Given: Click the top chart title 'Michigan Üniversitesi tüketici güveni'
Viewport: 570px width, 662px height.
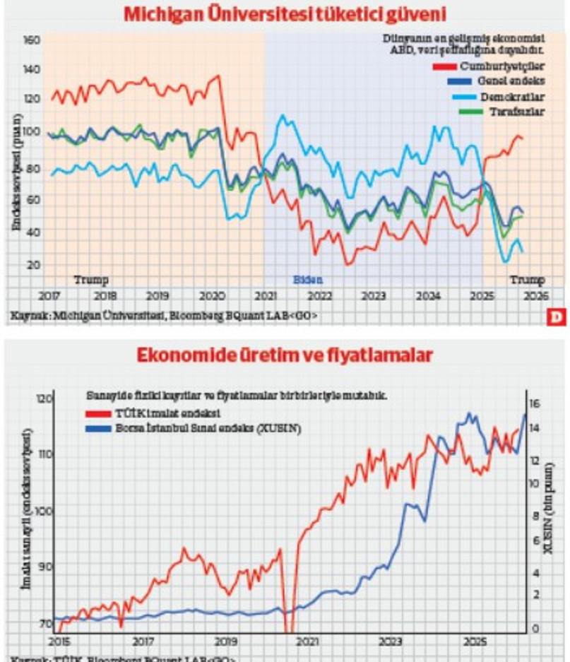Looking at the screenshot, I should (285, 13).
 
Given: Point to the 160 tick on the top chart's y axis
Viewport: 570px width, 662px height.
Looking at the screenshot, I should (32, 40).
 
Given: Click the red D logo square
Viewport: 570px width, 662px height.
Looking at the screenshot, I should (557, 317).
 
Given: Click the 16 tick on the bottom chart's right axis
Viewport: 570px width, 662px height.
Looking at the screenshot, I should (535, 403).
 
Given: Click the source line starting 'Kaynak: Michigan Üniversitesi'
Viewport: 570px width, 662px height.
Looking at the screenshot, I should (163, 316).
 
